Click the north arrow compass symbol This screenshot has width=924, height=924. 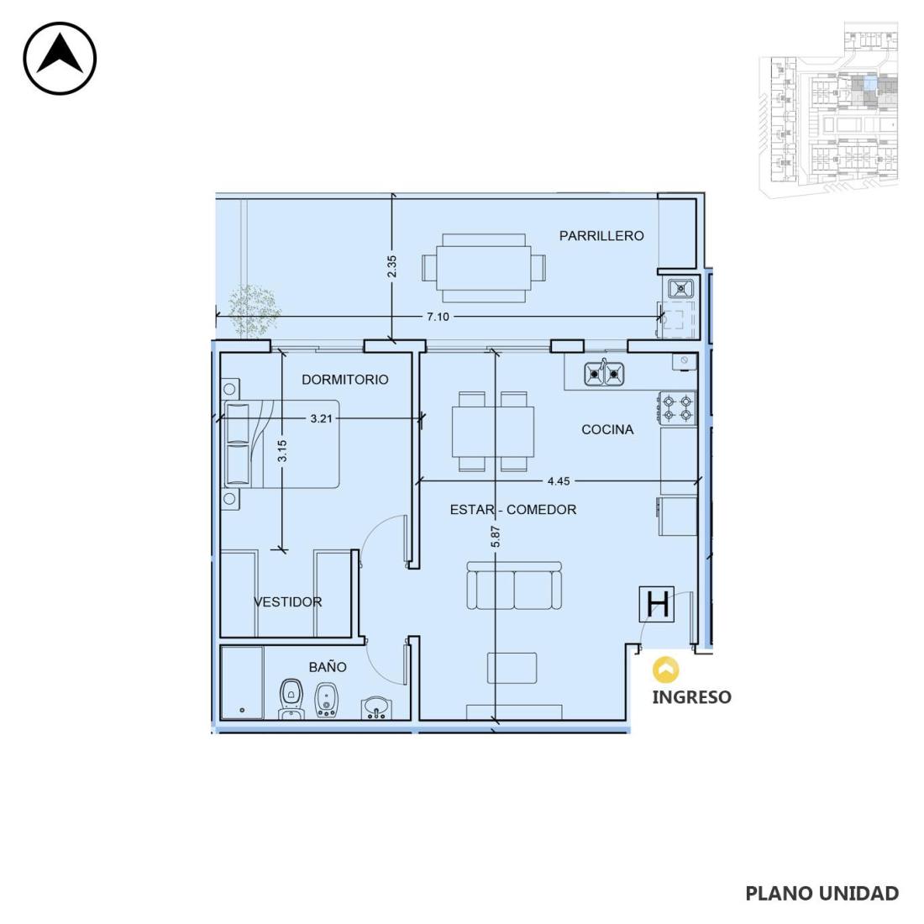pyautogui.click(x=60, y=58)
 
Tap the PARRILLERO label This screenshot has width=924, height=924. pyautogui.click(x=601, y=236)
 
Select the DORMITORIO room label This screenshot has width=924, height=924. pyautogui.click(x=344, y=380)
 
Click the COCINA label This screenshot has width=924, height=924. pyautogui.click(x=607, y=429)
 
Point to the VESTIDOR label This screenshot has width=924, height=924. pyautogui.click(x=287, y=601)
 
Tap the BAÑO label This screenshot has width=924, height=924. pyautogui.click(x=328, y=666)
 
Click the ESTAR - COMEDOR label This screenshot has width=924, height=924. pyautogui.click(x=512, y=509)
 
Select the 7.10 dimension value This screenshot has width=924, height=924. pyautogui.click(x=438, y=317)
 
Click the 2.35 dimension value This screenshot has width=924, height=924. pyautogui.click(x=392, y=265)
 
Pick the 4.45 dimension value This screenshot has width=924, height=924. pyautogui.click(x=559, y=480)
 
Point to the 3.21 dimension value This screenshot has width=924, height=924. pyautogui.click(x=321, y=418)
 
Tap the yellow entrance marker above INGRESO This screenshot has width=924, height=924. pyautogui.click(x=666, y=670)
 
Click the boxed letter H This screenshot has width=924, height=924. pyautogui.click(x=657, y=604)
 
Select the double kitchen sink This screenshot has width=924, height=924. pyautogui.click(x=604, y=373)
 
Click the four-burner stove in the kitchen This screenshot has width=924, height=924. pyautogui.click(x=677, y=407)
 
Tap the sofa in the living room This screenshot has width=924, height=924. pyautogui.click(x=514, y=585)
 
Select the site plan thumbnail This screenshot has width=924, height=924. pyautogui.click(x=828, y=109)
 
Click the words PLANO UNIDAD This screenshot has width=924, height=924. pyautogui.click(x=822, y=894)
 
